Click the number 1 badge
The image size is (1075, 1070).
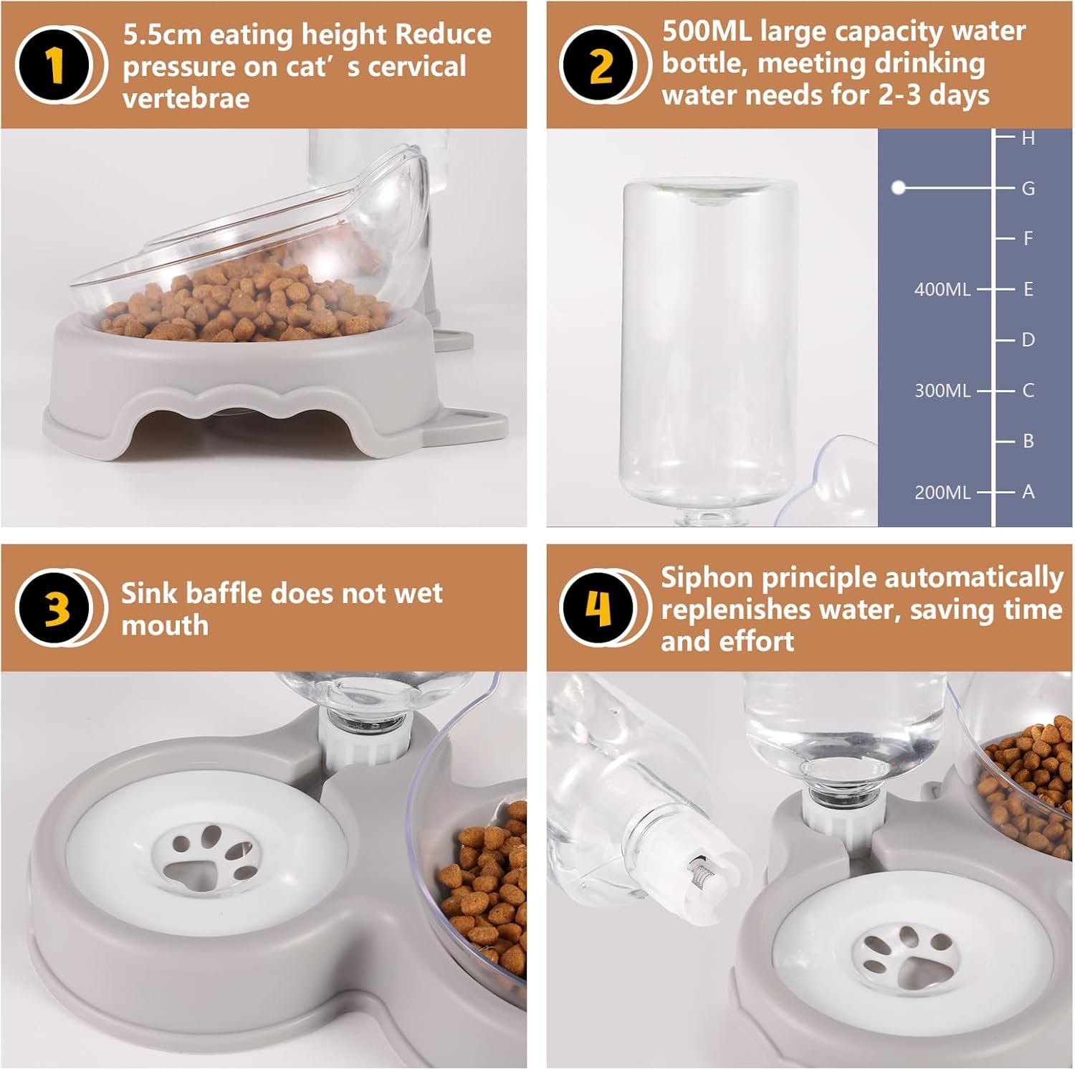click(54, 65)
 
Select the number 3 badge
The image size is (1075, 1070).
click(54, 609)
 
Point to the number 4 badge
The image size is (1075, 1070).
click(599, 609)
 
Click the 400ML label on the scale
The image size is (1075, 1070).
click(942, 290)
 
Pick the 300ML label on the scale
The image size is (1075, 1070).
click(942, 391)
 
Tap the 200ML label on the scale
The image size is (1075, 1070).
click(942, 493)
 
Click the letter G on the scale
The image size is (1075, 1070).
click(1028, 189)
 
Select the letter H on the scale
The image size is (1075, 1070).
click(1028, 138)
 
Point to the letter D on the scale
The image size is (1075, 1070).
click(1028, 340)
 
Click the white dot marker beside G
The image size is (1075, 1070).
click(898, 188)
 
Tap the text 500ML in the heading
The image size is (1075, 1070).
click(707, 32)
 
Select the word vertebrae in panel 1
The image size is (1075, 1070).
click(186, 98)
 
